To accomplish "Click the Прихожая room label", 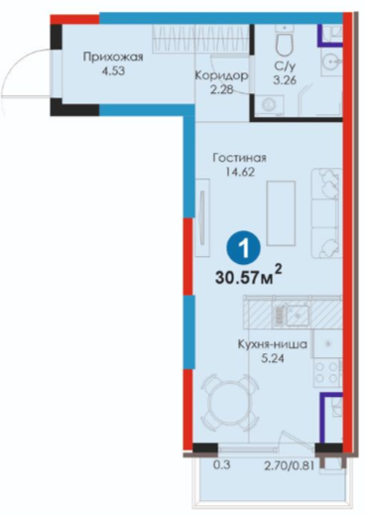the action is (x=113, y=58).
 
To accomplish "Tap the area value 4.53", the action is (x=113, y=71).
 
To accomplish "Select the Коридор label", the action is (x=221, y=75).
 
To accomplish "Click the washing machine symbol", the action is (x=268, y=105).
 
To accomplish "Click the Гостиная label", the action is (x=239, y=158).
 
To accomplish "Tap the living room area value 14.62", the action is (x=240, y=172).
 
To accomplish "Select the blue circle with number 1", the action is (x=244, y=249).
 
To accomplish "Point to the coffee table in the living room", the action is (x=281, y=213).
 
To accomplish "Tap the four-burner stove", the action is (x=327, y=372).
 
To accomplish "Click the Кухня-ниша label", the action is (x=272, y=344).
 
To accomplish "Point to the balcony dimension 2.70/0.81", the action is (x=289, y=465).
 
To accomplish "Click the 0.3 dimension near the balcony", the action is (x=221, y=465).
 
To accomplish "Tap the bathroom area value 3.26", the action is (x=285, y=79).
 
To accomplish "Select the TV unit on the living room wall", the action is (x=202, y=217).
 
